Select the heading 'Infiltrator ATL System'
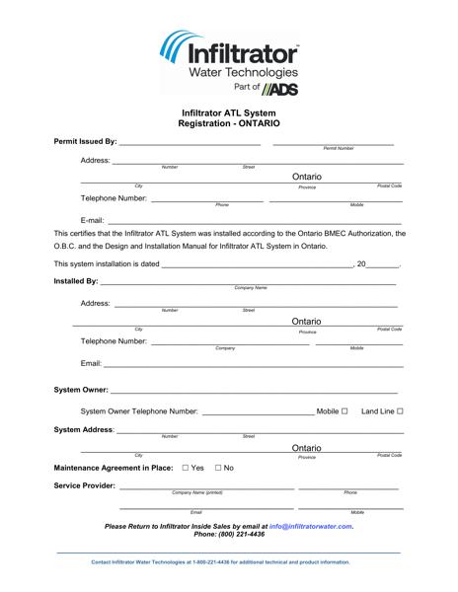pos(229,113)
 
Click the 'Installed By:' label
pos(76,283)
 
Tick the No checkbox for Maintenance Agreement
pos(218,467)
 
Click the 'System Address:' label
pos(84,431)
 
